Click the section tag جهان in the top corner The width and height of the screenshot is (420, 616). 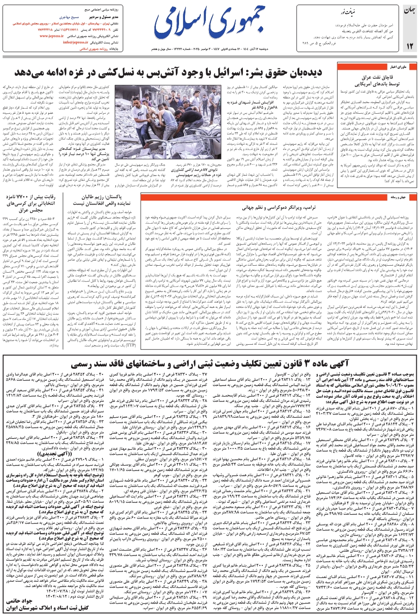(x=410, y=10)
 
